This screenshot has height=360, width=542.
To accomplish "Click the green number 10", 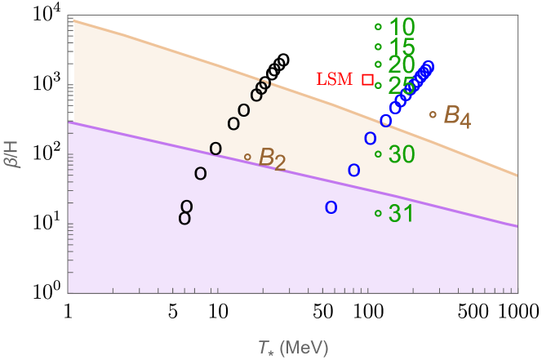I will click(402, 27).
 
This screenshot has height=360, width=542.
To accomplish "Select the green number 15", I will click(402, 47).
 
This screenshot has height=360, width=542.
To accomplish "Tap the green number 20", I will click(402, 64).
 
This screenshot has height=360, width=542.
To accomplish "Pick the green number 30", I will click(402, 154).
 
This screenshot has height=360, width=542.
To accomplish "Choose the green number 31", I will click(402, 214).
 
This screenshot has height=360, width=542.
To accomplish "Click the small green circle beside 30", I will click(378, 154).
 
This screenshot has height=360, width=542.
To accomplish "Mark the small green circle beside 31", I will click(378, 214).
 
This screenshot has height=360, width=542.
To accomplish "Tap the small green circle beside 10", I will click(378, 27).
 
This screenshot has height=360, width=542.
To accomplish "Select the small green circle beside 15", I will click(378, 47).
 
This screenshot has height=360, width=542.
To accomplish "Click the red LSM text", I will click(335, 79).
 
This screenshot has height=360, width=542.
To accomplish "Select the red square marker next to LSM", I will click(367, 79).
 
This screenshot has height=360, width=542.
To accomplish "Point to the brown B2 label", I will click(272, 158).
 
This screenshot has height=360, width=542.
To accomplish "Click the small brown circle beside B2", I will click(247, 157).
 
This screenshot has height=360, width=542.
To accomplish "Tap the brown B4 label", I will click(456, 116).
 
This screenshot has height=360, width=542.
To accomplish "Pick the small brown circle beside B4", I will click(433, 114).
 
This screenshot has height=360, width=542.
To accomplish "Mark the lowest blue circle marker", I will click(331, 207).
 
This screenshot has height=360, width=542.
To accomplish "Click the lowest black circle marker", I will click(184, 218).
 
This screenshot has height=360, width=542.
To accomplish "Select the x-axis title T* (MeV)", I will click(292, 348).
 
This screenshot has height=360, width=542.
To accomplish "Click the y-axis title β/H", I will click(11, 153).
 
